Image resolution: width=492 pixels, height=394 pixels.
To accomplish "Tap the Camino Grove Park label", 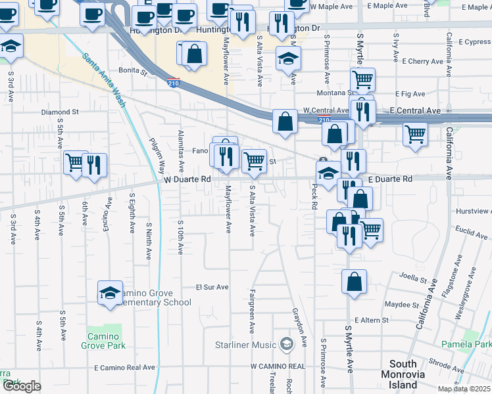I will pos(103,341).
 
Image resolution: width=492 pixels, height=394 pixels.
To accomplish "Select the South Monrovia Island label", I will pos(403,374).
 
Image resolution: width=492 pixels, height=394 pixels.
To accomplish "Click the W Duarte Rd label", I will pos(187,179).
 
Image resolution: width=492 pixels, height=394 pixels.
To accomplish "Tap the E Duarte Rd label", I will pos(389,179).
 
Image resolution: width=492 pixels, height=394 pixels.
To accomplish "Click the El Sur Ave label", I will pos(212,287).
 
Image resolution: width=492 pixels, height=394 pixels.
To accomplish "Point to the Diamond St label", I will pos(60,112).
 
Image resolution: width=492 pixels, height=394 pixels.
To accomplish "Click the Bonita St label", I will pos(132,70).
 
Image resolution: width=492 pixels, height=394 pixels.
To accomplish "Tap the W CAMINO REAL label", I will pos(278,366).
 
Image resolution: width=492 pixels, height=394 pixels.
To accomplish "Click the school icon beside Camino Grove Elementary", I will pos(110,293).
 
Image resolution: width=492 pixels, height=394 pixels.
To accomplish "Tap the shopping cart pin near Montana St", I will pos(362,80).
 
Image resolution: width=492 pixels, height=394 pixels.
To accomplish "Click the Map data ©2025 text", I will pos(464,389).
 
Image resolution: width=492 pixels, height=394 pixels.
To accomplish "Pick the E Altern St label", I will pos(371,320).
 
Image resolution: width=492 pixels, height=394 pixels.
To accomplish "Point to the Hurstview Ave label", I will pos(474,211).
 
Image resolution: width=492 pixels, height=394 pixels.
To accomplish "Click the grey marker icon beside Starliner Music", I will pos(286,343).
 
